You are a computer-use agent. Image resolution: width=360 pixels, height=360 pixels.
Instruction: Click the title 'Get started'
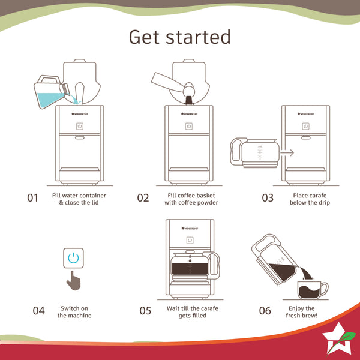(x=180, y=37)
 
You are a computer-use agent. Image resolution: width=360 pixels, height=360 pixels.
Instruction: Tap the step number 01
(x=32, y=198)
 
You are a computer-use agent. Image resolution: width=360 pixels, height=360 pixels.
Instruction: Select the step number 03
(x=268, y=198)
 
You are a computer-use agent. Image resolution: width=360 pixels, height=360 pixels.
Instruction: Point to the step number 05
(x=145, y=311)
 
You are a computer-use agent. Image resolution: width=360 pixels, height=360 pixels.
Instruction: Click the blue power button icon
(x=73, y=258)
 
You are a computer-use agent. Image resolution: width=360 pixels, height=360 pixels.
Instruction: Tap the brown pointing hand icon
(x=74, y=281)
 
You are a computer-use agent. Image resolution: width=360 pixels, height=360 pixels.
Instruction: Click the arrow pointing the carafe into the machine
(x=287, y=152)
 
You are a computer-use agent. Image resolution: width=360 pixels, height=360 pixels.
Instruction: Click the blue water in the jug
(x=49, y=100)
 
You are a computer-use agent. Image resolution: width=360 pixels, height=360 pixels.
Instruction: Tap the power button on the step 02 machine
(x=189, y=126)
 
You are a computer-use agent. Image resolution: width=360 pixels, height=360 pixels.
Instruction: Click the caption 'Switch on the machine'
(x=74, y=312)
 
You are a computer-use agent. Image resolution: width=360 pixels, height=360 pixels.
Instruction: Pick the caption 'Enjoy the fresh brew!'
(x=301, y=312)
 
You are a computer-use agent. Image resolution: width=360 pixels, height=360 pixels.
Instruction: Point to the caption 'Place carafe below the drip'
(x=310, y=199)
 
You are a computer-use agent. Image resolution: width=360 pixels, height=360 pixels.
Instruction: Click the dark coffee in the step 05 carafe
(x=190, y=269)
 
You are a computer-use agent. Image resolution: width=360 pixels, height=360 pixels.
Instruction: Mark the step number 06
(x=265, y=311)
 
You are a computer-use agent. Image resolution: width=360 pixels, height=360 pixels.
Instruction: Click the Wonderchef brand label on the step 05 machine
(x=190, y=228)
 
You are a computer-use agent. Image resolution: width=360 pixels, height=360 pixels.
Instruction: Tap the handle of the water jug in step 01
(x=49, y=79)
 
